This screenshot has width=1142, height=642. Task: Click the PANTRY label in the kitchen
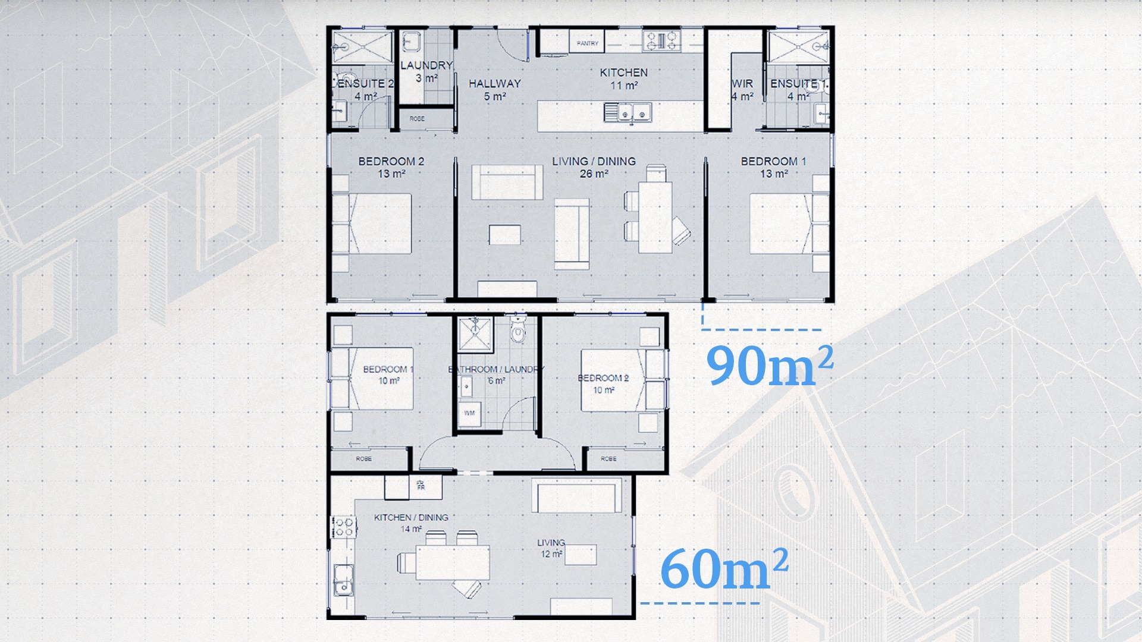587,43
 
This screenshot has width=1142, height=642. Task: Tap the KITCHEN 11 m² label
623,79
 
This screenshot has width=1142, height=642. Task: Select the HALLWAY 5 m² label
494,90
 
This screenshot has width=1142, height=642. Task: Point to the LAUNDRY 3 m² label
426,71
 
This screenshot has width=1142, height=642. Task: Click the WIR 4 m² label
742,90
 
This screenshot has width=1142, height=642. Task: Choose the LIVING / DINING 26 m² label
594,167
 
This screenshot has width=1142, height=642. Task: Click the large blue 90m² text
769,366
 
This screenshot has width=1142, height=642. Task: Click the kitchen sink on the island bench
628,112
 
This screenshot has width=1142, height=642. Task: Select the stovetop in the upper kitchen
662,41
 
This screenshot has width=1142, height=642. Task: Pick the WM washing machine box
469,413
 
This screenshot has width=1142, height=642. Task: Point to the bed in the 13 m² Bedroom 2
381,224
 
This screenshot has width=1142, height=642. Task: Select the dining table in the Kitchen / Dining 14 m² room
453,562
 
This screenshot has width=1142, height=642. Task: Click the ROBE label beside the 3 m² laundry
417,119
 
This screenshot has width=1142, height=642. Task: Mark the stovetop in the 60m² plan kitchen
344,527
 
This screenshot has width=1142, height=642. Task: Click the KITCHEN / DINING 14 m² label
411,523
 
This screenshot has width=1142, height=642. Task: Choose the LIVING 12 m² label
551,548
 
